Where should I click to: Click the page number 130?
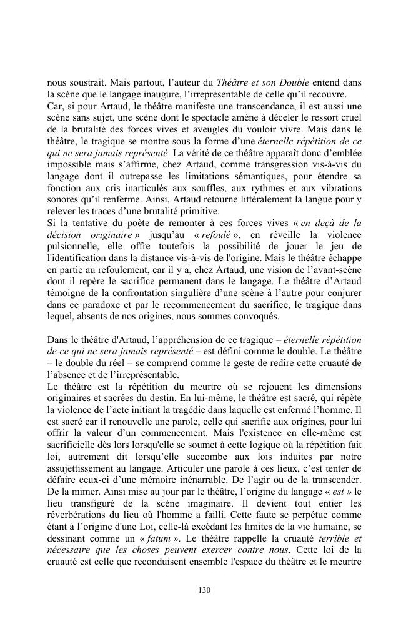[x=203, y=588]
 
